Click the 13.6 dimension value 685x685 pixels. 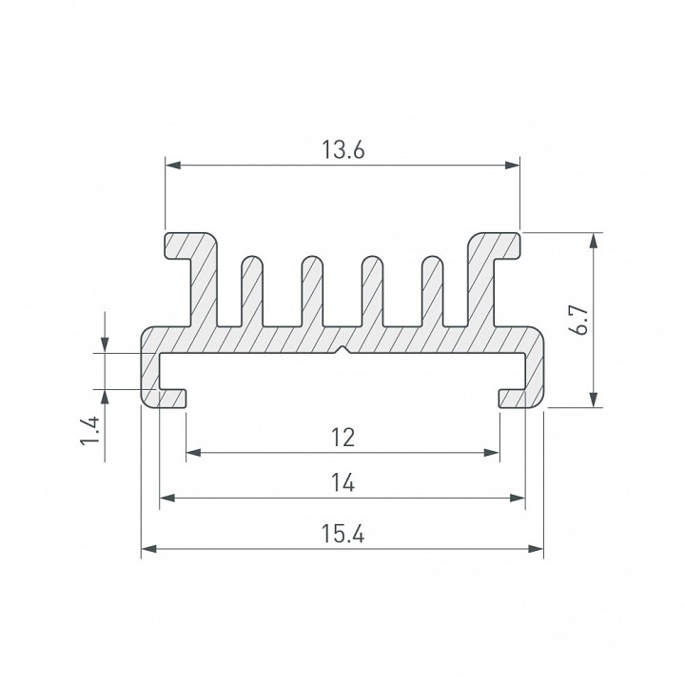[342, 150]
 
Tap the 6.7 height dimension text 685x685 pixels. [580, 321]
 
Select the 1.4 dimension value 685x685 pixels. [90, 431]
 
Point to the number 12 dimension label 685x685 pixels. [342, 438]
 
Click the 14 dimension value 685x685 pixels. [342, 482]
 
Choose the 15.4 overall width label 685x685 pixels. [342, 534]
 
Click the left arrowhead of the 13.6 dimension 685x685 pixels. [173, 166]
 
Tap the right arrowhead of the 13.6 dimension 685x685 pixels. [513, 166]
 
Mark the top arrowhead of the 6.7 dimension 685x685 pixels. [593, 241]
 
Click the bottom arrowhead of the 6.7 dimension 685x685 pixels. [593, 400]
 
